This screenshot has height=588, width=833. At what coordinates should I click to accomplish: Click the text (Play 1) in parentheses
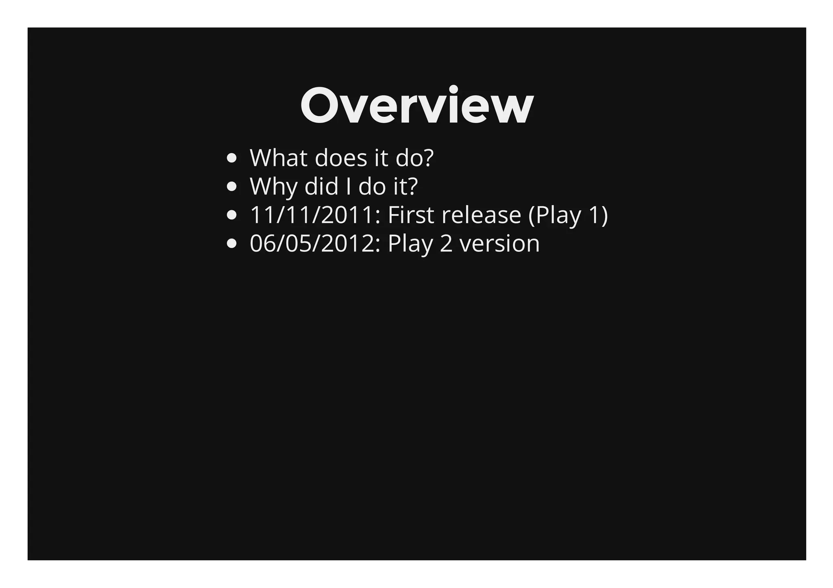[x=568, y=215]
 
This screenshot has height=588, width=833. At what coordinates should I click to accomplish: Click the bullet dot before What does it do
[x=231, y=158]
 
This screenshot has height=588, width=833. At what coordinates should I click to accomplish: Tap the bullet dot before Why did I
[x=231, y=187]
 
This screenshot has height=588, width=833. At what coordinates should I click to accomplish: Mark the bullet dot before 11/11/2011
[x=231, y=215]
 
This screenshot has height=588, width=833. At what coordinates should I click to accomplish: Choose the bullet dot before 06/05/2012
[x=231, y=244]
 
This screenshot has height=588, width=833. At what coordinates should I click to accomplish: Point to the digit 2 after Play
[x=446, y=244]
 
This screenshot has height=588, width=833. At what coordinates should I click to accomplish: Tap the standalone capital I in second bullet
[x=349, y=187]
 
